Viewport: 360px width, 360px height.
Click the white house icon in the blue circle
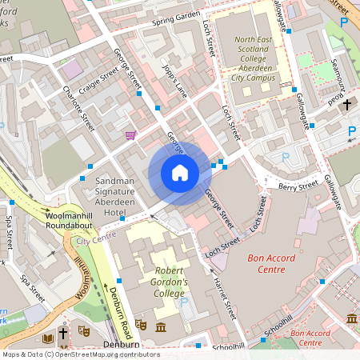coord(179,173)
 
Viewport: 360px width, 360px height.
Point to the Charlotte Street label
coord(82,109)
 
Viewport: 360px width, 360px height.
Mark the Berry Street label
coord(298,186)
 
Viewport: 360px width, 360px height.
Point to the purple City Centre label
coord(91,239)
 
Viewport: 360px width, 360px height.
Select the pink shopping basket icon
coord(131,135)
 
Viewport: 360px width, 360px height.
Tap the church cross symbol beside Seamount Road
coord(347,104)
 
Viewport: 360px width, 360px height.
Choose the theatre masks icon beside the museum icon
coord(140,326)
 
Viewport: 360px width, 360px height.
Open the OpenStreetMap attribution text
coord(80,354)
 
